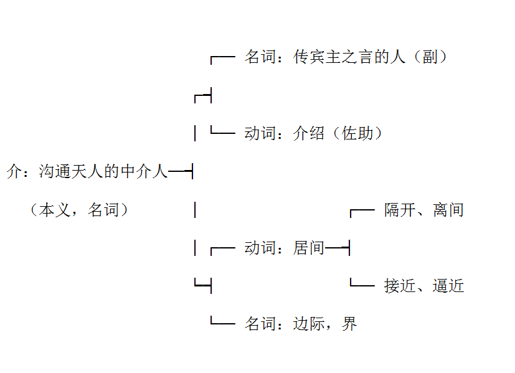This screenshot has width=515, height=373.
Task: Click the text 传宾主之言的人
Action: coord(349,57)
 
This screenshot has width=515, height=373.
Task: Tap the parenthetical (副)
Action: coord(430,57)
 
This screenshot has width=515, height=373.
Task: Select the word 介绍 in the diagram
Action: coord(308,133)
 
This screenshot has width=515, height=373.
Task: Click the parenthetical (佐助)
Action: coord(357,133)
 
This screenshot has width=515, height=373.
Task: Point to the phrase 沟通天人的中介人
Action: coord(103,171)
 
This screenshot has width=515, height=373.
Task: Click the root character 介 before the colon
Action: coord(14,171)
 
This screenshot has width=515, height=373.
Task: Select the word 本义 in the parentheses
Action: coord(55,210)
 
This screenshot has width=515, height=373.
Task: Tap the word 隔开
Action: coord(400,210)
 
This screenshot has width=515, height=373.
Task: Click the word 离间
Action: coord(448,210)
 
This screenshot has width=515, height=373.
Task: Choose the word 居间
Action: coord(308,248)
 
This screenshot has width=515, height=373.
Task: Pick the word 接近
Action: coord(400,286)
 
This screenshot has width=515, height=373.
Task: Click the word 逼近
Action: coord(448,286)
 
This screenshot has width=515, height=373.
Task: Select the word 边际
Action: coord(308,324)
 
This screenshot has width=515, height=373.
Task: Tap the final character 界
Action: coord(349,324)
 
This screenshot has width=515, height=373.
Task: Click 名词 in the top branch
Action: coord(260,57)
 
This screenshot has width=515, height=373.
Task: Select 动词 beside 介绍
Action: coord(260,133)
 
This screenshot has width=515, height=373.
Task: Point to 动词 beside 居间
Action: coord(260,248)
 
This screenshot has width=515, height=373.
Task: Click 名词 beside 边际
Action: coord(260,324)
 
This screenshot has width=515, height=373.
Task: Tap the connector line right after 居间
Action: coord(337,248)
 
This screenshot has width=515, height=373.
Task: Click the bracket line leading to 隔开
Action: coord(362,209)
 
